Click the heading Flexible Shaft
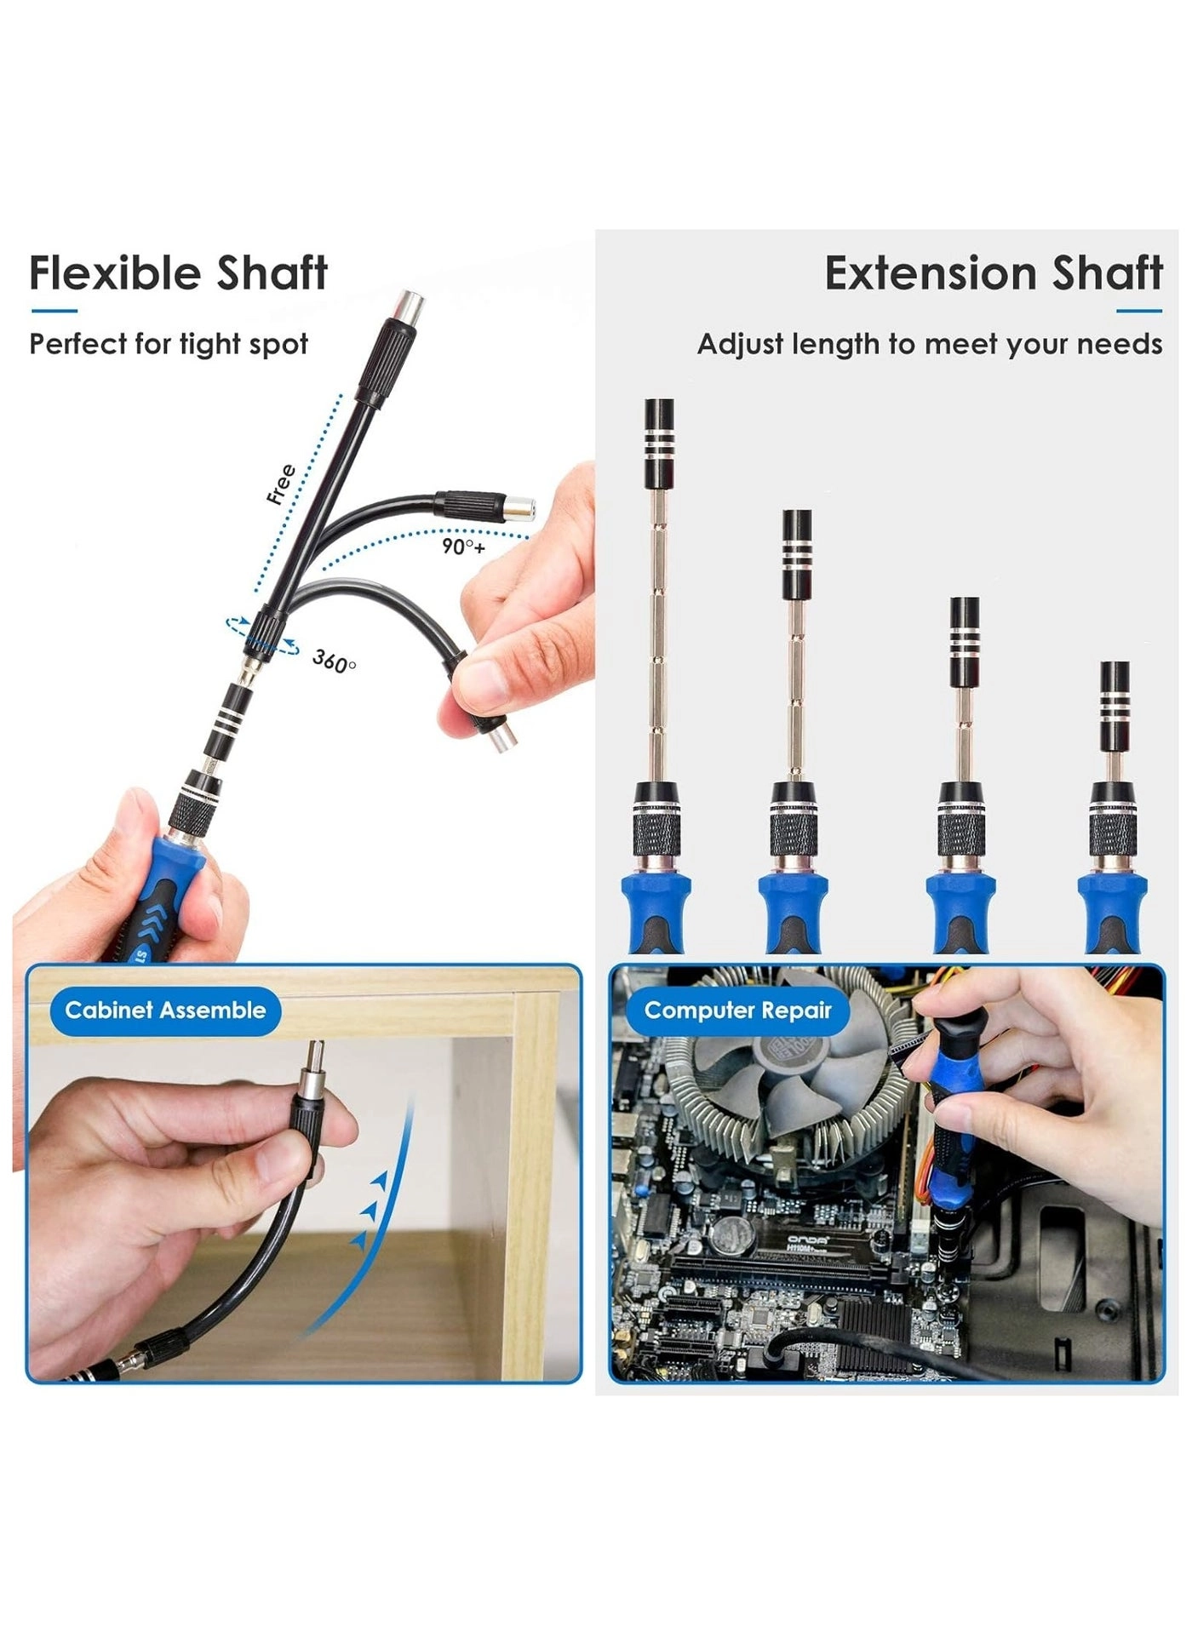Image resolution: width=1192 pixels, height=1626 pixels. coord(178,273)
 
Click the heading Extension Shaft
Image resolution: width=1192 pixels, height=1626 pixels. coord(993,273)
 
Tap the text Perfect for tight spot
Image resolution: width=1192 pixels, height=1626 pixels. coord(169,344)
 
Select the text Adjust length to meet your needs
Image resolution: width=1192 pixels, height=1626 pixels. coord(929,344)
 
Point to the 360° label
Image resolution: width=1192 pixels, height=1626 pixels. coord(334,661)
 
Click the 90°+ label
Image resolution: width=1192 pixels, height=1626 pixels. coord(462,547)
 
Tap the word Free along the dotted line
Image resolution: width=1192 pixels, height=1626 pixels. coord(281,484)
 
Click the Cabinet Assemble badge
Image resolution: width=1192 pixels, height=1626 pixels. coord(165,1011)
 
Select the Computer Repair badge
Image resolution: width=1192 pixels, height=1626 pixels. coord(737,1011)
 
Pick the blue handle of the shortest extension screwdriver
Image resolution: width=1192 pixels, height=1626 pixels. coord(1111,911)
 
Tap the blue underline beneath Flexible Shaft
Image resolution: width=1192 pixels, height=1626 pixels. coord(54,312)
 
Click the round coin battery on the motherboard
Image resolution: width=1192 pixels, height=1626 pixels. coord(728,1232)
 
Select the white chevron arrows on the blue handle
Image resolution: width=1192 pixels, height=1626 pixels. coord(157,919)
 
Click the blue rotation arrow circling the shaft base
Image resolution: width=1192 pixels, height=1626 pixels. coord(262,637)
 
